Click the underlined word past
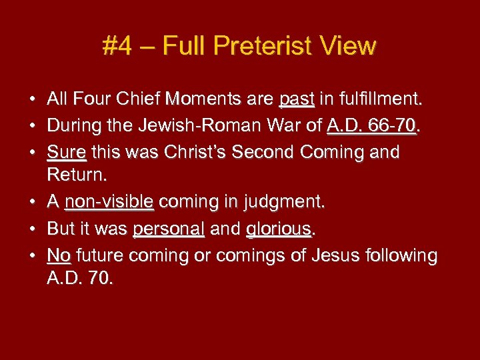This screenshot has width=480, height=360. tap(297, 100)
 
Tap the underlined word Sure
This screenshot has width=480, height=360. tap(67, 152)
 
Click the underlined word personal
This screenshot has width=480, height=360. tap(169, 229)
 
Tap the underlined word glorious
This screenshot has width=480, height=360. tap(279, 229)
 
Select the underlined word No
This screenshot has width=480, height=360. tap(59, 255)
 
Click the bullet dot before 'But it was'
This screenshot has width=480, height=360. tap(32, 229)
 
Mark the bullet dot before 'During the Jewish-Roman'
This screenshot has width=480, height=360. tap(32, 126)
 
